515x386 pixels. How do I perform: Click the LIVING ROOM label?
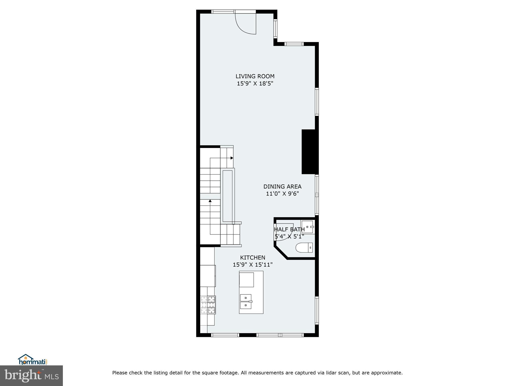[255, 76]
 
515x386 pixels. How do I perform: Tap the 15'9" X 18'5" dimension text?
[255, 83]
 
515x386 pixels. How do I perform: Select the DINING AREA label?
[282, 186]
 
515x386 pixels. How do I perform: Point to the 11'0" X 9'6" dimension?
[282, 194]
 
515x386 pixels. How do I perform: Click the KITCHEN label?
[252, 258]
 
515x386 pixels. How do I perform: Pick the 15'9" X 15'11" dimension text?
[252, 265]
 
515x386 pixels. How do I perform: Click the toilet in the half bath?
[304, 248]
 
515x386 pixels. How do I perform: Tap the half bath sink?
[308, 226]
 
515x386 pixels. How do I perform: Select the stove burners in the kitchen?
[208, 305]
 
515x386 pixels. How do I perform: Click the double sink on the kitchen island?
[246, 302]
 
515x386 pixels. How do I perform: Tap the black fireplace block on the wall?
[309, 152]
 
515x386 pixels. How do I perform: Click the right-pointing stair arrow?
[232, 158]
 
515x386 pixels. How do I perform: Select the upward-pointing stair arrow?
[210, 201]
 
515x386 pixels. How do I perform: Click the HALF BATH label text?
[289, 229]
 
